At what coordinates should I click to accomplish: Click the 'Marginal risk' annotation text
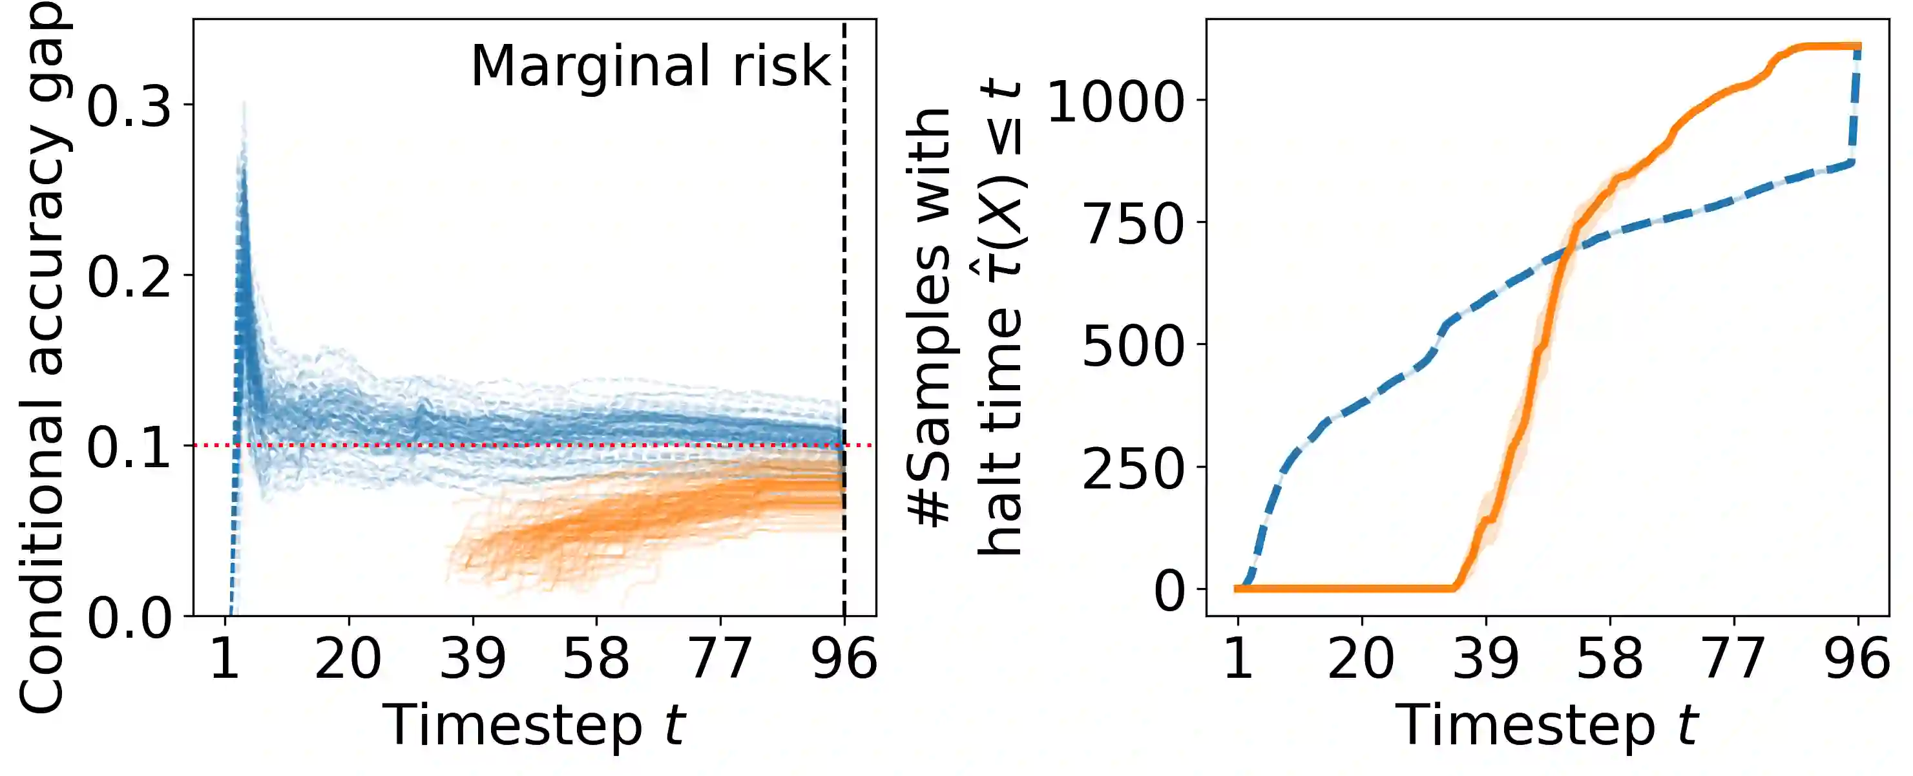pyautogui.click(x=651, y=67)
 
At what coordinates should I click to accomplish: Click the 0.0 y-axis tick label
pyautogui.click(x=129, y=618)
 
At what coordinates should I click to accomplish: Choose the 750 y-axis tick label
pyautogui.click(x=1133, y=224)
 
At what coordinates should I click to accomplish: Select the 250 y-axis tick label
pyautogui.click(x=1133, y=468)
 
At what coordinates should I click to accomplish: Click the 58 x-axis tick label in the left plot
pyautogui.click(x=596, y=658)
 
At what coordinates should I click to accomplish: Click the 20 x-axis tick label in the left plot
pyautogui.click(x=348, y=658)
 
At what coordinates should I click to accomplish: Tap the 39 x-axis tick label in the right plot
pyautogui.click(x=1486, y=658)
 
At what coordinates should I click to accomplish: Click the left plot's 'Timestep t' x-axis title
pyautogui.click(x=533, y=726)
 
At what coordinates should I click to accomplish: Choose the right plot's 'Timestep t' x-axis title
pyautogui.click(x=1547, y=726)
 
